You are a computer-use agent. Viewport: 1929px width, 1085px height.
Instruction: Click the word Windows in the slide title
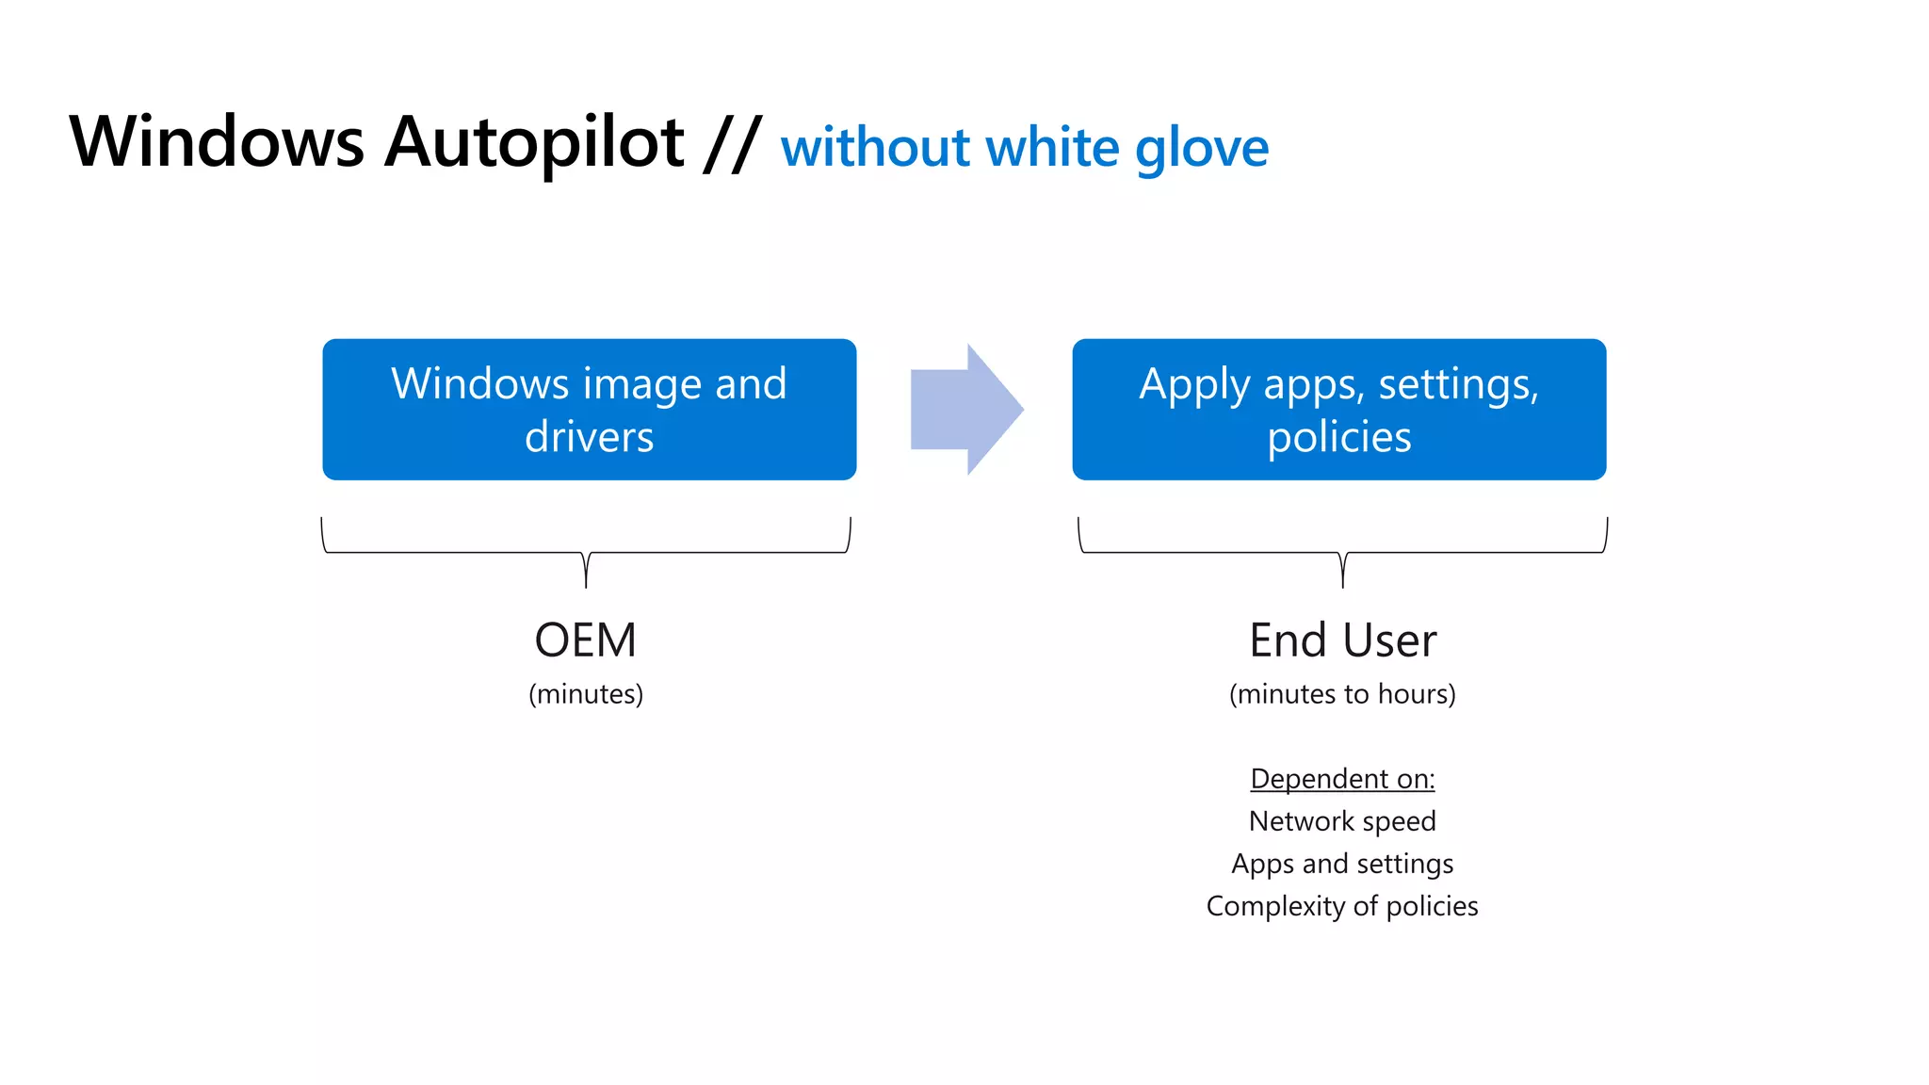[217, 143]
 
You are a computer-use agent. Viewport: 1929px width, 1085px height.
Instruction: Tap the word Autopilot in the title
[534, 143]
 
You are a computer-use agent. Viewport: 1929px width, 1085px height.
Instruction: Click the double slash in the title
[732, 143]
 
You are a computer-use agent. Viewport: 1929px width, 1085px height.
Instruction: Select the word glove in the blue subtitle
[1202, 149]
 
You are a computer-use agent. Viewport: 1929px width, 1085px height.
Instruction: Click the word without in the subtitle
[875, 149]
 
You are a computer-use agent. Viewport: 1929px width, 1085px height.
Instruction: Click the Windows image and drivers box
[589, 410]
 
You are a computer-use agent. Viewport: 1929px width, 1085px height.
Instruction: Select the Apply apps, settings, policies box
[1338, 410]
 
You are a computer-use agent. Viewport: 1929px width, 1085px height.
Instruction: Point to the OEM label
[585, 640]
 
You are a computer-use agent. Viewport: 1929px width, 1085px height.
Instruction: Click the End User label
[1342, 640]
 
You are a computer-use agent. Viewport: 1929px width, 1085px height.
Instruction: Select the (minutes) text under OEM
[585, 694]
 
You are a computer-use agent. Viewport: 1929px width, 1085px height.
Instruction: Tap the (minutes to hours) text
[1342, 694]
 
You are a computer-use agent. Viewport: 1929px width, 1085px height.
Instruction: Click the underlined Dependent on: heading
[1342, 779]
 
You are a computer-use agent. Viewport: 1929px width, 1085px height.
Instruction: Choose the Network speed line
[1342, 821]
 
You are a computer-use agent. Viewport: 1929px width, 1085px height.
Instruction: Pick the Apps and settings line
[1342, 864]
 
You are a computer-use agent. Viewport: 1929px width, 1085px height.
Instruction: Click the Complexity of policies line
[1342, 906]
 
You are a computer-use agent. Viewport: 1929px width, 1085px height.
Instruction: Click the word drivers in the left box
[589, 437]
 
